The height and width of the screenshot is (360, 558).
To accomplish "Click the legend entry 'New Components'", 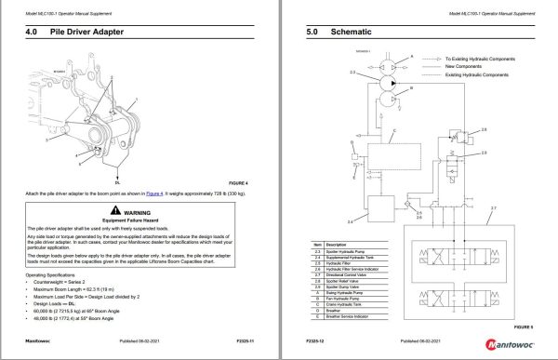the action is pos(461,66).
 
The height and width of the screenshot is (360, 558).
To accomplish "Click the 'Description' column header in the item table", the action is pos(348,244).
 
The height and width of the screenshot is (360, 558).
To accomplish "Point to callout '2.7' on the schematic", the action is pos(494,207).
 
